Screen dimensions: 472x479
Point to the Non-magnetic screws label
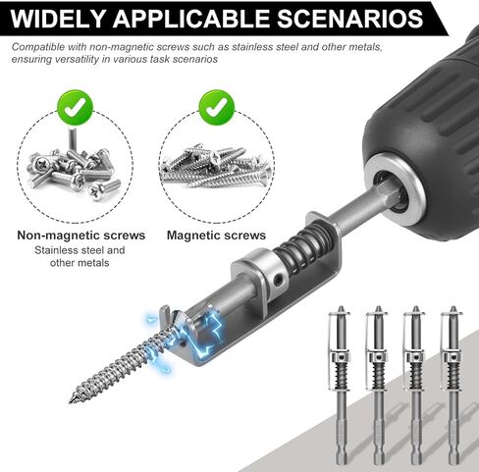click(x=81, y=236)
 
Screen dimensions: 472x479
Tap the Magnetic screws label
click(x=216, y=236)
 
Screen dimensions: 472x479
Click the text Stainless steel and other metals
click(x=81, y=257)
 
